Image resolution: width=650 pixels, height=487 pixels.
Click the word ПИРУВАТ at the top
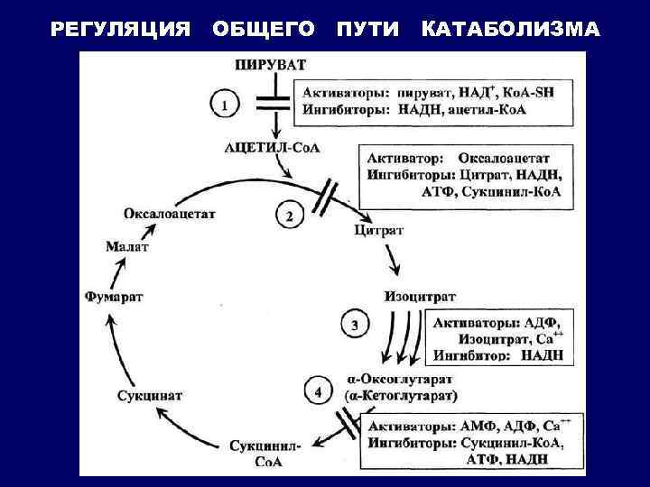271,65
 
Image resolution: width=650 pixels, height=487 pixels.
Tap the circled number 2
289,217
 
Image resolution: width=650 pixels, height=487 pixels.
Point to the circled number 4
316,392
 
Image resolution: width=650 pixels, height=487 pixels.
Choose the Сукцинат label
150,395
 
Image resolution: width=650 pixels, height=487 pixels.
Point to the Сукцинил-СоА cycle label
265,452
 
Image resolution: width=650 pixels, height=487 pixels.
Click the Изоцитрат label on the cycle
420,296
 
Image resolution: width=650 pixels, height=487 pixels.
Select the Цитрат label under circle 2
378,231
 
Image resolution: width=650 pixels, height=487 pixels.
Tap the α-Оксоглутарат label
401,379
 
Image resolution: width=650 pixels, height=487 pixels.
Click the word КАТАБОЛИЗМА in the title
510,30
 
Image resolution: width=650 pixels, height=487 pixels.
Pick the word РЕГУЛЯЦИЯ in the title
121,30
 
